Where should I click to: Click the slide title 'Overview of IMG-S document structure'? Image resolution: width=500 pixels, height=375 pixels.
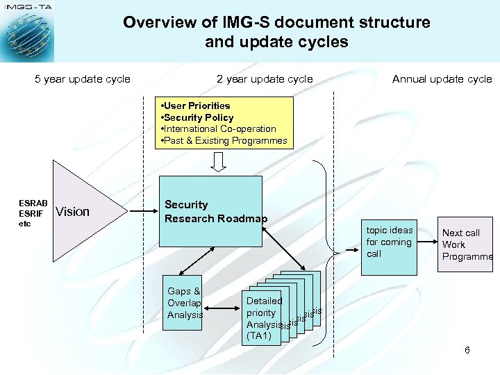pos(276,22)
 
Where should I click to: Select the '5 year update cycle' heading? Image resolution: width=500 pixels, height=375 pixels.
pos(83,79)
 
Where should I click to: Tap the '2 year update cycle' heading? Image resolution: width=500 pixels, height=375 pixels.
pos(265,79)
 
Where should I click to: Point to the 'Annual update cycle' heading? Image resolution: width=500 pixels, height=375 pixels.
pos(442,79)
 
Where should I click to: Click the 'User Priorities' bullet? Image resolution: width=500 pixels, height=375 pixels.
pos(197,106)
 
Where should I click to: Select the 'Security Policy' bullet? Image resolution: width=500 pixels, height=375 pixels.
pos(199,117)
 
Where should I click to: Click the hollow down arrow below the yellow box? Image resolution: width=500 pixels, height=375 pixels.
pos(219,162)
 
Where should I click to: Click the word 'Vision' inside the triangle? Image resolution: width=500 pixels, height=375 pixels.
pos(73,212)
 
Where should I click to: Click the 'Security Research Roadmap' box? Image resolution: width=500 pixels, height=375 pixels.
pos(211,212)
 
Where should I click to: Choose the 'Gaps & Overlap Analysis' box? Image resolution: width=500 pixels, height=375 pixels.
pos(185,303)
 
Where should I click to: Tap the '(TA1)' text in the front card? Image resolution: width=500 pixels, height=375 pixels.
pos(259,336)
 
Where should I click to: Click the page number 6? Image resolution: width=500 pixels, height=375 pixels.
pos(467,350)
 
